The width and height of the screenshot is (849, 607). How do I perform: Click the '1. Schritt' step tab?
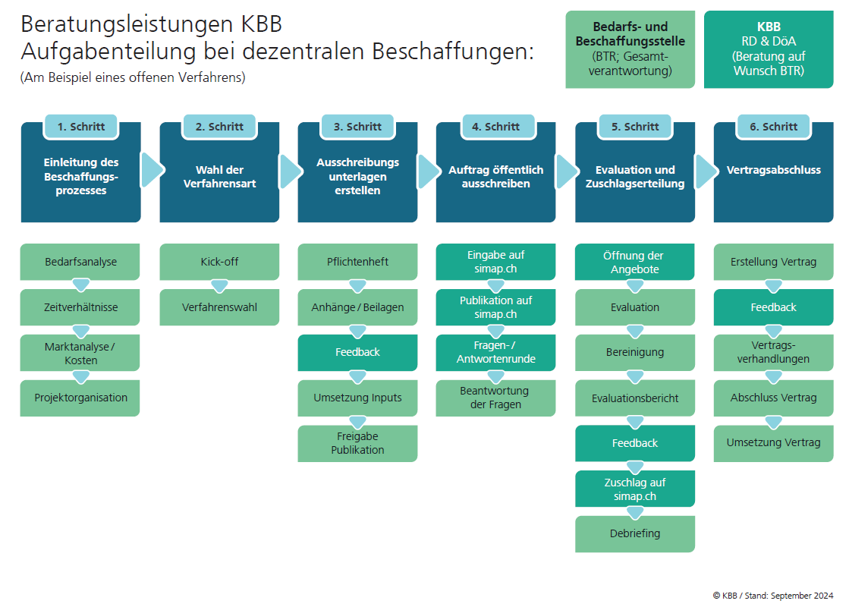point(81,127)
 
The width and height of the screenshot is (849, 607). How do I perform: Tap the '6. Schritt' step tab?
point(773,127)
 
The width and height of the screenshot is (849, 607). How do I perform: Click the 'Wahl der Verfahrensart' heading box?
point(219,177)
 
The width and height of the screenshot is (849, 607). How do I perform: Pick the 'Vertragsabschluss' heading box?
point(773,170)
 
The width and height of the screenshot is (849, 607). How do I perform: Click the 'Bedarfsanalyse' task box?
point(80,262)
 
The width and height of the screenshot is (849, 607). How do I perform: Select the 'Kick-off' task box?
point(219,262)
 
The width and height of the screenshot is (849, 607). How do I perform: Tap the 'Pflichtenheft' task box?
point(357,262)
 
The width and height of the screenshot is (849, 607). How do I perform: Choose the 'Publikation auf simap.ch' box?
point(495,307)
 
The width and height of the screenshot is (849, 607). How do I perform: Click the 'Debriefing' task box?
point(635,533)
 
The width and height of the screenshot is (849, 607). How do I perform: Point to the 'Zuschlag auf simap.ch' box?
point(635,489)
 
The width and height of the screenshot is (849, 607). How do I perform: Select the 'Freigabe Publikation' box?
point(357,443)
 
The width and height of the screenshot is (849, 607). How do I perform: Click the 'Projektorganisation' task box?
point(80,398)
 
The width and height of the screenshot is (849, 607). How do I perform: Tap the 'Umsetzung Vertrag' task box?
point(773,443)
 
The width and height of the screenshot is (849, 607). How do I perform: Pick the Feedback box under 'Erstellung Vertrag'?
point(773,307)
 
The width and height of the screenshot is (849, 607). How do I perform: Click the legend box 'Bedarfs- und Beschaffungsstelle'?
point(630,49)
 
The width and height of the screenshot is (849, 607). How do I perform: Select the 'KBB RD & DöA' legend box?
point(769,49)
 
